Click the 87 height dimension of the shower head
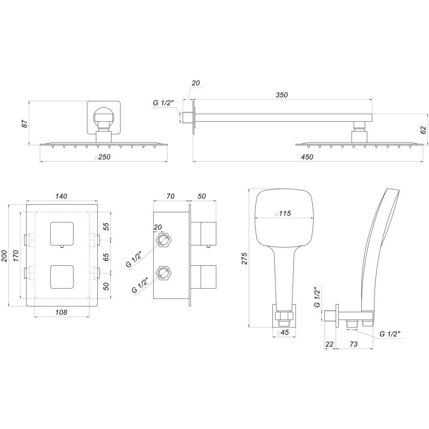click(25, 124)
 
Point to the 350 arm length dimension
click(281, 95)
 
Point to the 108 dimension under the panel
click(61, 312)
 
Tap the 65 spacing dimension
click(107, 257)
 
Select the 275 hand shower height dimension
click(245, 257)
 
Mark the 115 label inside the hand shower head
click(283, 213)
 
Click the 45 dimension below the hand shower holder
click(283, 333)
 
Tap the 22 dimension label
click(329, 344)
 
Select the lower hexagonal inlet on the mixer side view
click(163, 273)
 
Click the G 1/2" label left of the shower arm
click(163, 103)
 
